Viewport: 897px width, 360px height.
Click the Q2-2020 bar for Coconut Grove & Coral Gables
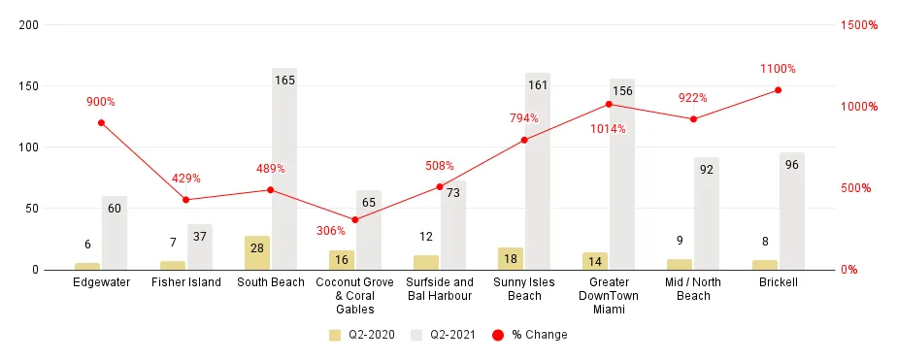pos(342,259)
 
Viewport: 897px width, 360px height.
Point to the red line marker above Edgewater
pos(101,122)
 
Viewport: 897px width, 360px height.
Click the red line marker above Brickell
pos(779,90)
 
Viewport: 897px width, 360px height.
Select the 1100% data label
pos(778,69)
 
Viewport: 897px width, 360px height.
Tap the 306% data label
pos(330,231)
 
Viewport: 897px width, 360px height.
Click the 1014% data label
pos(608,129)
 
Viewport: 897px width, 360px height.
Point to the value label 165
pos(284,80)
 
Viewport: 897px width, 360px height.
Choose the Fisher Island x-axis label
pos(186,282)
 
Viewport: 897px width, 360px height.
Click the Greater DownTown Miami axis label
pos(609,296)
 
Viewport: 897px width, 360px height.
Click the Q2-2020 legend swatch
pos(335,335)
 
